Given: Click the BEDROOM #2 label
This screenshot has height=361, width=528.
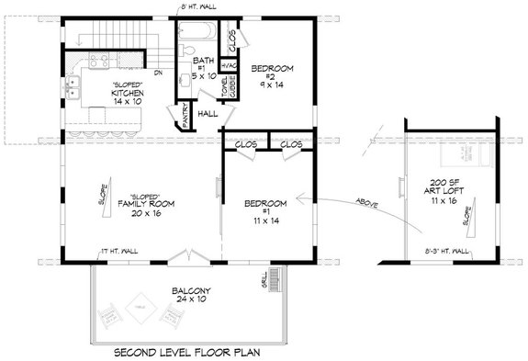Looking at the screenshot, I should (x=272, y=67).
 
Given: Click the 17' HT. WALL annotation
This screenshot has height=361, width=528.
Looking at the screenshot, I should (x=118, y=250).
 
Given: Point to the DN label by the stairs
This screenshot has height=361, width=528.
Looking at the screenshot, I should (x=158, y=73).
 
